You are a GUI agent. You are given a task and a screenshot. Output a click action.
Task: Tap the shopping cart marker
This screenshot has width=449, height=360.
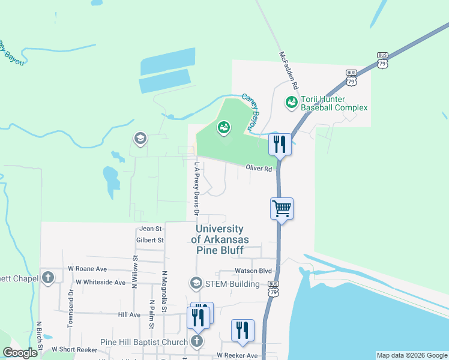click(x=282, y=209)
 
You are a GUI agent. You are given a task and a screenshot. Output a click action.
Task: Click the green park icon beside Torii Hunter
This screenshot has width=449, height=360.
click(x=292, y=103)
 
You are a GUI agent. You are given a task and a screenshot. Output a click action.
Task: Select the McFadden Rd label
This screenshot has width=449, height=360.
click(x=285, y=71)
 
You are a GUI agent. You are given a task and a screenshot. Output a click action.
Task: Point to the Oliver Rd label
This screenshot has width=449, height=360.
click(x=259, y=169)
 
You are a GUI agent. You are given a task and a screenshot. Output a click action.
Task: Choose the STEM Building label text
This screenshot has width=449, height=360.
click(x=232, y=284)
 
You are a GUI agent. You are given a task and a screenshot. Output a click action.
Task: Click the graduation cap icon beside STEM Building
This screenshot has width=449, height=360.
click(x=196, y=283)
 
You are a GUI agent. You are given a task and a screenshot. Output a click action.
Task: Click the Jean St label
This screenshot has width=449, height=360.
click(x=150, y=229)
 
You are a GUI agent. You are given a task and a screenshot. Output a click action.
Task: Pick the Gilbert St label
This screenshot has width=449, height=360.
click(x=150, y=240)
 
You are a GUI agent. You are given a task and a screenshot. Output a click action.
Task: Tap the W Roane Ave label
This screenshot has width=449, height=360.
click(x=87, y=269)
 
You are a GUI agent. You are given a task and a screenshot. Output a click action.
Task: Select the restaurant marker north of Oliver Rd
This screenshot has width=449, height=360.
click(x=281, y=144)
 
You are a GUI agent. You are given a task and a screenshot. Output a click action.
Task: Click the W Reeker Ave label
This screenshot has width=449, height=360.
click(x=237, y=355)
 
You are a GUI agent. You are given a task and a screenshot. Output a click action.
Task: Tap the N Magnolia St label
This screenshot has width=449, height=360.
click(x=163, y=292)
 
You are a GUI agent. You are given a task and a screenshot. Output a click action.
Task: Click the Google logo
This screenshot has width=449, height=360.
click(x=20, y=353)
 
